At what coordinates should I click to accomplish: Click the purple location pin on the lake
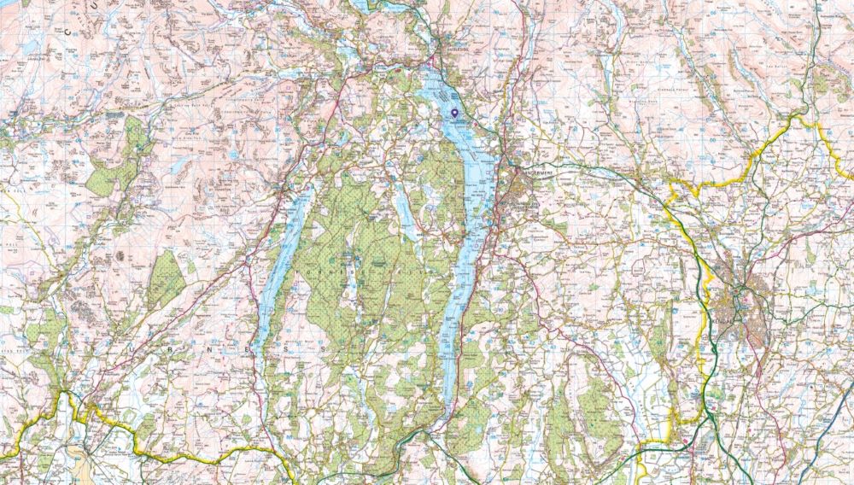click(454, 113)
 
